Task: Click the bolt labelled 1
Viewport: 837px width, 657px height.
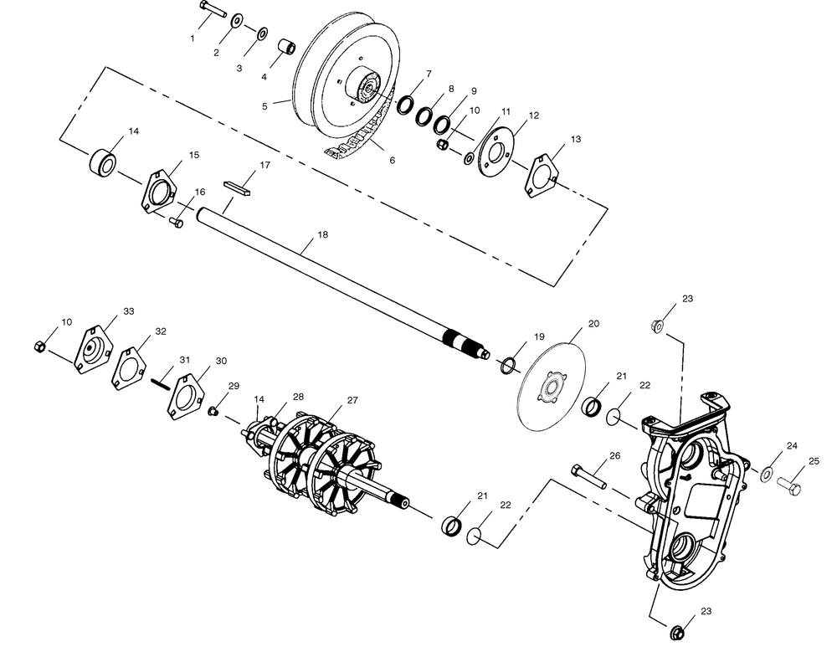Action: [x=213, y=9]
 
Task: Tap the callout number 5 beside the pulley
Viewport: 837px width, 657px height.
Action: [x=264, y=106]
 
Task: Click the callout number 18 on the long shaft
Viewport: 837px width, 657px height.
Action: [x=322, y=235]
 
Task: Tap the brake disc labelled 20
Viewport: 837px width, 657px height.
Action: [x=552, y=381]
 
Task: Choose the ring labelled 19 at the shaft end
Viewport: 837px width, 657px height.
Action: [x=508, y=366]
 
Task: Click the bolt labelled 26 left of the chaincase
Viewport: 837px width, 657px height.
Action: [x=588, y=476]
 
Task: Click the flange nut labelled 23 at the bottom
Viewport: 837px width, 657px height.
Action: [x=678, y=632]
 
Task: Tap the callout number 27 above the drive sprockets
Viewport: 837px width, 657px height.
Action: [x=352, y=400]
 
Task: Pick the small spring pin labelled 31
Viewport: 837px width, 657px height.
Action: [x=159, y=383]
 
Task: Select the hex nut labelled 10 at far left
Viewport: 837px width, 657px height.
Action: [x=39, y=346]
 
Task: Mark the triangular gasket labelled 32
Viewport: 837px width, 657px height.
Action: [x=129, y=368]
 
